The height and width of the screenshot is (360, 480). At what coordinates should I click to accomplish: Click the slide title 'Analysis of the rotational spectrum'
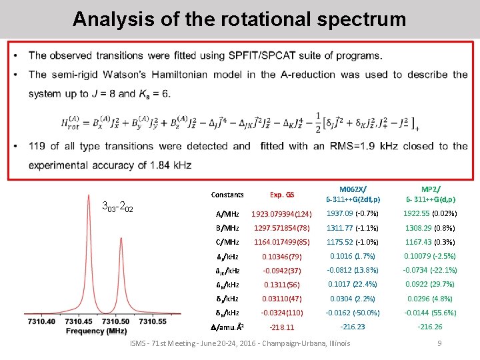point(239,19)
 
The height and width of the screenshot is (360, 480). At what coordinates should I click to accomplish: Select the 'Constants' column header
point(227,195)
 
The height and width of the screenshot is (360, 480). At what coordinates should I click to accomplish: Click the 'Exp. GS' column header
point(281,195)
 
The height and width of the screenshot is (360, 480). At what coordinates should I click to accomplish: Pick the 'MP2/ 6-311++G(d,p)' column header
point(430,194)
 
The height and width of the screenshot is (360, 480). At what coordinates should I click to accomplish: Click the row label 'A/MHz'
point(227,214)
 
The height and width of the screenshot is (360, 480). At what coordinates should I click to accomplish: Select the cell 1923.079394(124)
point(281,214)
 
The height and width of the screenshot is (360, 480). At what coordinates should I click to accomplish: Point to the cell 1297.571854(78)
point(281,229)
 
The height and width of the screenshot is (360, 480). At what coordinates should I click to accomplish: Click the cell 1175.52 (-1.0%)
point(353,243)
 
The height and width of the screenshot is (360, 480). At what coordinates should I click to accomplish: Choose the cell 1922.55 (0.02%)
point(430,213)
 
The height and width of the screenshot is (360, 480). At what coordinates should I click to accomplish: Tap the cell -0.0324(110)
point(281,313)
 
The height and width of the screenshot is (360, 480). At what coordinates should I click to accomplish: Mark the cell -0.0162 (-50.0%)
point(353,312)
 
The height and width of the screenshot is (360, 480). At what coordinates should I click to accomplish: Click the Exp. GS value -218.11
point(281,327)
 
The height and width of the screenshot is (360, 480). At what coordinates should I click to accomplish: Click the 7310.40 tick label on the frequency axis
point(41,321)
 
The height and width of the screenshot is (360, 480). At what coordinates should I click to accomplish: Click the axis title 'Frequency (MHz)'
point(97,331)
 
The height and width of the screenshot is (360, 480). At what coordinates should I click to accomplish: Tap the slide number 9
point(439,343)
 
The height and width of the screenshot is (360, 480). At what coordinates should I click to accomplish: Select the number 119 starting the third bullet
point(37,146)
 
